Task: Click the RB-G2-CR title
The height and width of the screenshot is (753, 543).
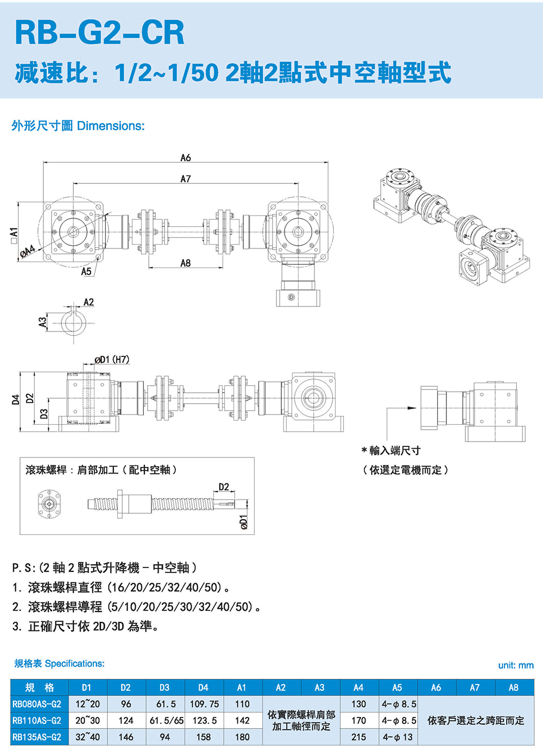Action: pos(100,33)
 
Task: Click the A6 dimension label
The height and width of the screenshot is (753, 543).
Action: pos(186,158)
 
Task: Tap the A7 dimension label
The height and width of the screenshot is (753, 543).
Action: pos(186,178)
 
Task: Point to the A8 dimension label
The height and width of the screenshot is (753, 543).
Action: pos(186,263)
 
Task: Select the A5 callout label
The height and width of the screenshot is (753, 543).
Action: pos(86,271)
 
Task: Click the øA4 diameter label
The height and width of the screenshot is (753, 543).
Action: pos(28,251)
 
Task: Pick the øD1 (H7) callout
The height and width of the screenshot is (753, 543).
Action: pos(112,360)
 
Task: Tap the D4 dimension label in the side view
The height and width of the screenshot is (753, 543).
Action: pos(16,399)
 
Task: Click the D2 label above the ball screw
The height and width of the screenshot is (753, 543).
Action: pos(224,487)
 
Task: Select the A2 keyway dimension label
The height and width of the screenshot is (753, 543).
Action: pos(89,302)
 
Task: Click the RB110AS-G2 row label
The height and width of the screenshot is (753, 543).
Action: pos(37,720)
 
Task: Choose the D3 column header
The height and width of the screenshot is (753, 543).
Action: pos(165,687)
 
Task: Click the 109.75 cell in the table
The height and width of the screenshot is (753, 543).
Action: pos(204,704)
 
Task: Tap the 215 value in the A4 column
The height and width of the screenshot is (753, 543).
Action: pos(358,737)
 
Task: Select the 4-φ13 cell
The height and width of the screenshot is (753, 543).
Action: pos(397,737)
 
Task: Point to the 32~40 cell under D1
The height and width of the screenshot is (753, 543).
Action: pos(87,737)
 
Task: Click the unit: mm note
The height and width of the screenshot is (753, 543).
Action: pos(516,665)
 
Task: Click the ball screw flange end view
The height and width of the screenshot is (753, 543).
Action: pos(49,504)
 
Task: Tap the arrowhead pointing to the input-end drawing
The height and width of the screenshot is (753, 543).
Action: pos(412,408)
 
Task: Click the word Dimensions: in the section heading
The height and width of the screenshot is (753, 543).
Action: pos(111,126)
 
